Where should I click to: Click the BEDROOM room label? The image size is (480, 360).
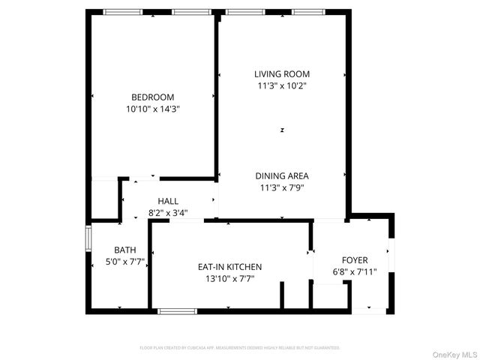tap(152, 97)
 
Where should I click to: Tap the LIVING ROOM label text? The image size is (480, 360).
tap(281, 74)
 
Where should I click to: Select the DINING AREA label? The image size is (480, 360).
tap(281, 176)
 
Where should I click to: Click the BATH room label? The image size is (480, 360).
tap(124, 250)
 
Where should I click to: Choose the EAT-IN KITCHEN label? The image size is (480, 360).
tap(229, 266)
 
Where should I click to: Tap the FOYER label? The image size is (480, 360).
tap(355, 259)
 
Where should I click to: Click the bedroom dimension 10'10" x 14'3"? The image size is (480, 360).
tap(152, 109)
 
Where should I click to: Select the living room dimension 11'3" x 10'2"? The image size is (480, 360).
tap(281, 85)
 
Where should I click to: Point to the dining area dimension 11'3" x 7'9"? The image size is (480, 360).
tap(281, 187)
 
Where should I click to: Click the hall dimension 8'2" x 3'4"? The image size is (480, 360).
tap(168, 212)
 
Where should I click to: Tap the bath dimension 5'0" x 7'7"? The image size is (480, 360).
tap(124, 262)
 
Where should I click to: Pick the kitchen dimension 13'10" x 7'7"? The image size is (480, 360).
tap(229, 278)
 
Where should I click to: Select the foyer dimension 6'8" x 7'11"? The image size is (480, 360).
tap(355, 271)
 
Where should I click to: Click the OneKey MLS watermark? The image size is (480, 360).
tap(452, 353)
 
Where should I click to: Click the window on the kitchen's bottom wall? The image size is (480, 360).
tap(177, 310)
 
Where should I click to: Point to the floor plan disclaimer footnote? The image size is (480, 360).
tap(240, 348)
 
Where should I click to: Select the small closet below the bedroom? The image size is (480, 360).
tap(104, 198)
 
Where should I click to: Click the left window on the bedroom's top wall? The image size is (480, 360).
tap(122, 12)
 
